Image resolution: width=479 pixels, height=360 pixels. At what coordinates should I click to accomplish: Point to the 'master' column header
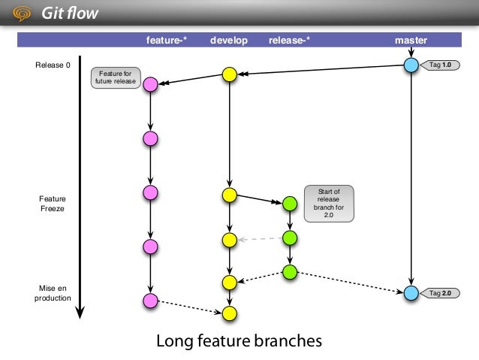411,40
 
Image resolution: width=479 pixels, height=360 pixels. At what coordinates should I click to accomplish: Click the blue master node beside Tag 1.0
411,65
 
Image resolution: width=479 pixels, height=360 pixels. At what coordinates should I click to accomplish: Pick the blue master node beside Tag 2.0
411,292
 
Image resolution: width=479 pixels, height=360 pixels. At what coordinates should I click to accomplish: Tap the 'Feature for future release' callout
116,77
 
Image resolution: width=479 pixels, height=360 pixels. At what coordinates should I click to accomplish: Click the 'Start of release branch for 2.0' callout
328,204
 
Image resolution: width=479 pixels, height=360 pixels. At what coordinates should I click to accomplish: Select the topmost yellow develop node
230,74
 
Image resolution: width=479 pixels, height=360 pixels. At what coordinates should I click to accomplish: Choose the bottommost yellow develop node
230,312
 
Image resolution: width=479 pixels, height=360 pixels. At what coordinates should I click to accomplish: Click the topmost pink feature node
150,84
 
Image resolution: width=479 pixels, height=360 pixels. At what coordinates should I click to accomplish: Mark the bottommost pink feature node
150,301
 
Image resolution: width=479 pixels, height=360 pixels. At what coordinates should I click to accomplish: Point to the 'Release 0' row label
53,65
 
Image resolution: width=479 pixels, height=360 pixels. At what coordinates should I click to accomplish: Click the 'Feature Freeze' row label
53,204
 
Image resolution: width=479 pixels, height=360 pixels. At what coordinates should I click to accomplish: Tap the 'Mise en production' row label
53,292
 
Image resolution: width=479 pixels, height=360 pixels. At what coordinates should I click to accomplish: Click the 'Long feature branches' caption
239,341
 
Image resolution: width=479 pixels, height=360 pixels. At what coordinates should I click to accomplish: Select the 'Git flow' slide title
70,14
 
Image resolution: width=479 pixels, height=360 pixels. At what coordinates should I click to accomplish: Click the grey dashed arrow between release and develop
261,239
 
